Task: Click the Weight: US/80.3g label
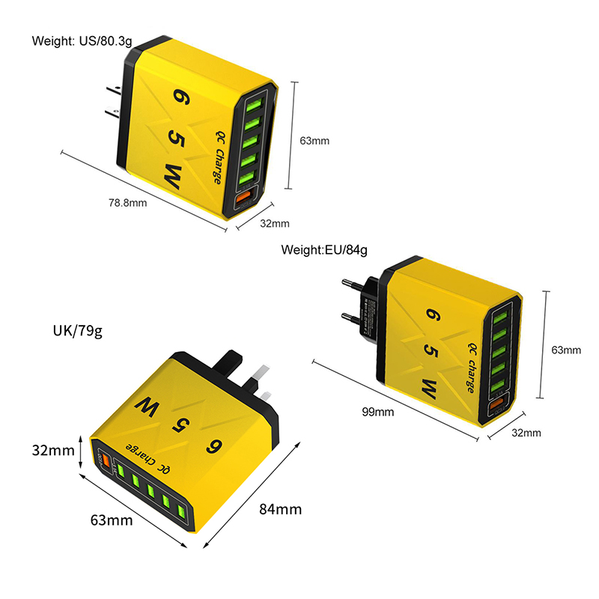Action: click(82, 40)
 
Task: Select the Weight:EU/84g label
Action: click(324, 249)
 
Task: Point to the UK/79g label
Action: click(77, 330)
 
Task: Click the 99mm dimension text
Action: click(378, 411)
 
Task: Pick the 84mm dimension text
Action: click(280, 510)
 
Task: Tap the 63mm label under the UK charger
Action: click(112, 520)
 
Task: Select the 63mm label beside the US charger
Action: click(314, 140)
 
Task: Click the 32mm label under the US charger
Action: click(275, 223)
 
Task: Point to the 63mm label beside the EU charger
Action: click(566, 350)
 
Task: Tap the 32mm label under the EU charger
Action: click(526, 433)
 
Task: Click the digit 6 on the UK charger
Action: click(216, 447)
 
